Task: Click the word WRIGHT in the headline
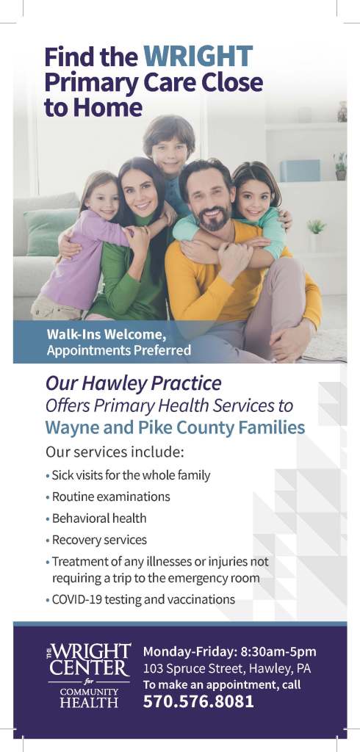pos(198,57)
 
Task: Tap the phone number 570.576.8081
pos(198,701)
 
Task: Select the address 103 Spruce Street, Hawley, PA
pos(227,668)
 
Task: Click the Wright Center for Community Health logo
pos(89,676)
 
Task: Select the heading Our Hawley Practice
pos(134,384)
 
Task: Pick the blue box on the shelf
pos(300,170)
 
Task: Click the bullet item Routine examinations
pos(111,497)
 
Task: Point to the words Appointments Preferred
pos(118,350)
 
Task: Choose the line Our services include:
pos(115,452)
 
